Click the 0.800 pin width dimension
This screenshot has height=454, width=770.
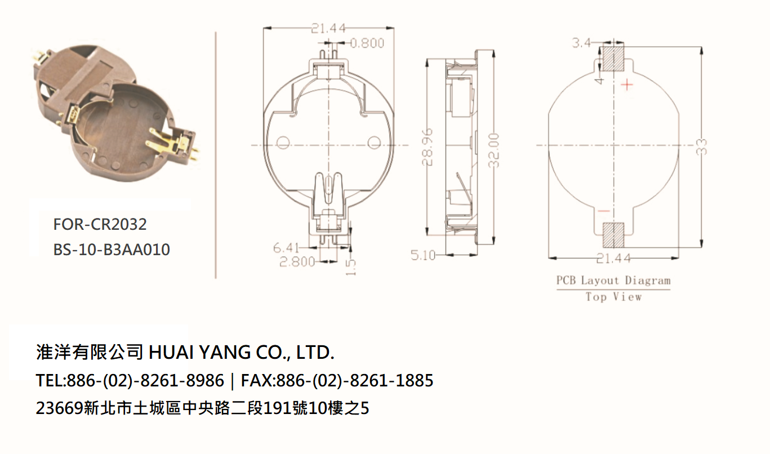pos(367,43)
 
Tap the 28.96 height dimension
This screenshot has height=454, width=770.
pos(428,147)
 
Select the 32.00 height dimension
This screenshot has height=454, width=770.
pos(494,150)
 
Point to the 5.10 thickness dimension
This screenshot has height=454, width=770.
pos(423,255)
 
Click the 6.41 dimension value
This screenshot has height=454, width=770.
pos(286,247)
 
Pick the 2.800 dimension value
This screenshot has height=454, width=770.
pos(297,262)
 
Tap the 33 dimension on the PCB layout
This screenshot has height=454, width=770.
pos(702,147)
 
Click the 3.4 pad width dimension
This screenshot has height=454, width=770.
pos(581,43)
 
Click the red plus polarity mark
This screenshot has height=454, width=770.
pos(627,84)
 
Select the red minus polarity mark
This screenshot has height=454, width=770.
pos(604,211)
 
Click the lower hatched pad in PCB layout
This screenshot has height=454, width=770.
pos(613,235)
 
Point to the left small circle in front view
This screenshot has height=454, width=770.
pos(283,143)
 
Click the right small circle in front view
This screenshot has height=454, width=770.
pos(374,143)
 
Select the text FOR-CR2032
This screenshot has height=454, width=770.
pos(100,224)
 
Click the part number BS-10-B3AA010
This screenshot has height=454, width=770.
pos(112,250)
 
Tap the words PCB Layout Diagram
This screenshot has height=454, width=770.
pos(613,281)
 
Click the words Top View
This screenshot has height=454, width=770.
pos(613,297)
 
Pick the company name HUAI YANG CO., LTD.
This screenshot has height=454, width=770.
pos(242,353)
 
